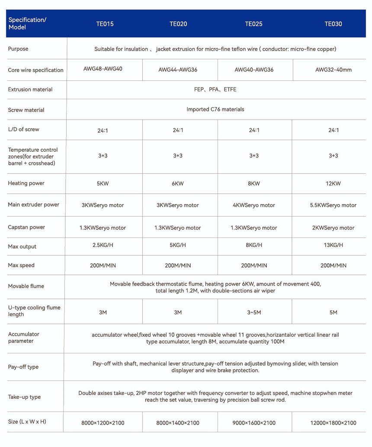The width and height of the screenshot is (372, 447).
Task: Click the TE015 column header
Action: pyautogui.click(x=105, y=24)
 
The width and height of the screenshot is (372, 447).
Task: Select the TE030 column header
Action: pyautogui.click(x=333, y=24)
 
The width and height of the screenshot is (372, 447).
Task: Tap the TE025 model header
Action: pyautogui.click(x=253, y=24)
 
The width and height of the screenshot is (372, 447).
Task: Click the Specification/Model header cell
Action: pyautogui.click(x=27, y=23)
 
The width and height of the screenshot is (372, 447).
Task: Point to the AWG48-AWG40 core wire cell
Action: pyautogui.click(x=103, y=69)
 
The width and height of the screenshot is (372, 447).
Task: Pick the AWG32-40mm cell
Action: pyautogui.click(x=334, y=70)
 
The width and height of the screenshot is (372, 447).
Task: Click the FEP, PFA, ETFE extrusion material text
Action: pyautogui.click(x=215, y=89)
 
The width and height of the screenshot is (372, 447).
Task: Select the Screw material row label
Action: pyautogui.click(x=26, y=110)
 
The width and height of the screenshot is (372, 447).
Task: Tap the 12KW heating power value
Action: pyautogui.click(x=333, y=184)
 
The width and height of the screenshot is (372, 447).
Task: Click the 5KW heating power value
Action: pyautogui.click(x=103, y=184)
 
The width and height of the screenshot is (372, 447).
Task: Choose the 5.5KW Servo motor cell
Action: pyautogui.click(x=333, y=205)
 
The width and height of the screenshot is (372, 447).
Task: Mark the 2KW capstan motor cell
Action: pyautogui.click(x=333, y=228)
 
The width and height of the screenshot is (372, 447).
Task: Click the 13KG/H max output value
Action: pyautogui.click(x=333, y=245)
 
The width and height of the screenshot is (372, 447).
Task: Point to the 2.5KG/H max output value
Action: pyautogui.click(x=103, y=245)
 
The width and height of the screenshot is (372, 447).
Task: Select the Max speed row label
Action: pyautogui.click(x=21, y=265)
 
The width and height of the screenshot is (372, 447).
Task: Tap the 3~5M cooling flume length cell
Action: pyautogui.click(x=254, y=312)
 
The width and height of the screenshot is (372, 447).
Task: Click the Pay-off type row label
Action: pyautogui.click(x=23, y=367)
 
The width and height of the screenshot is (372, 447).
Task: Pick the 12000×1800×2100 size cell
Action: pyautogui.click(x=333, y=423)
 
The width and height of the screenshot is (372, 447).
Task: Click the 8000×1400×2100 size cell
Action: pyautogui.click(x=178, y=423)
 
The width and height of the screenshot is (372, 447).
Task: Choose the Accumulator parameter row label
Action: pyautogui.click(x=24, y=338)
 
